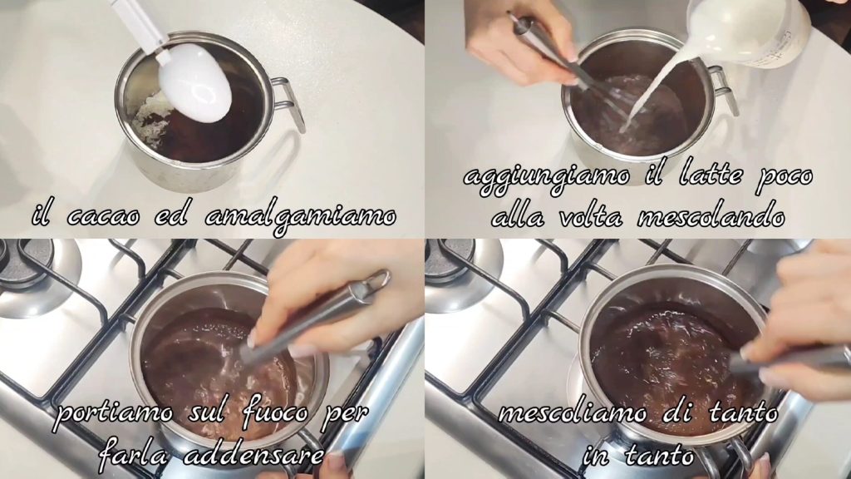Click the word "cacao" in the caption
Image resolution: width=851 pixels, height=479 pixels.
point(103,216)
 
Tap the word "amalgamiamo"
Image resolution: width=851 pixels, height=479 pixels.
point(301,218)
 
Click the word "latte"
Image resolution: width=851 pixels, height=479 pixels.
point(710,175)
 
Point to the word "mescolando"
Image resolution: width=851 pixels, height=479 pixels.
point(711,217)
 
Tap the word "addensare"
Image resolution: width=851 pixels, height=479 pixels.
point(253,455)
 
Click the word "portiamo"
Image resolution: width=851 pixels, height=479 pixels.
point(115,414)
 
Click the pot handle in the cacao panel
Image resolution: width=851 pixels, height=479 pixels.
point(288,102)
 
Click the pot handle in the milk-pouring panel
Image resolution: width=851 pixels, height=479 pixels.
point(724,90)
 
